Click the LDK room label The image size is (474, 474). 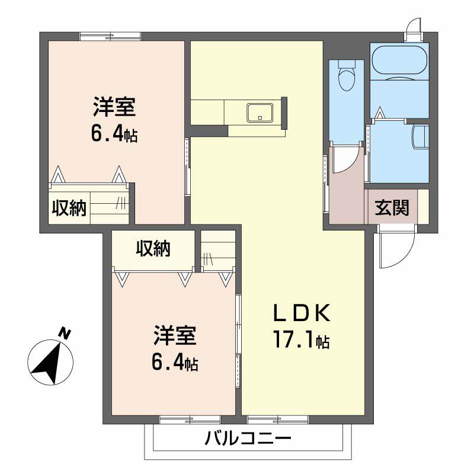[x=302, y=313]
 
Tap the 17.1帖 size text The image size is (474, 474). [x=302, y=340]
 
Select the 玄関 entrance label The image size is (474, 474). [x=392, y=208]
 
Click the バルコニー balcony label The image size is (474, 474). [x=248, y=438]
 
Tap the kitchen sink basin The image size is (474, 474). [x=260, y=113]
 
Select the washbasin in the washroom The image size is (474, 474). [x=421, y=137]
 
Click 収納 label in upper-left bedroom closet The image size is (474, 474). [x=69, y=208]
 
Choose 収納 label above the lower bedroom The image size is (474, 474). [x=153, y=248]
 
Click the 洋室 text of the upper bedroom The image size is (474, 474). [x=114, y=107]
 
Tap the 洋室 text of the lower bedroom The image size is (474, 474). [x=175, y=335]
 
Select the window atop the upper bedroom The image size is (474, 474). [x=110, y=36]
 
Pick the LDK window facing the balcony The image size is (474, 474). [x=278, y=419]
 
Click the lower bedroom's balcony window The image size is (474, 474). [x=190, y=419]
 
